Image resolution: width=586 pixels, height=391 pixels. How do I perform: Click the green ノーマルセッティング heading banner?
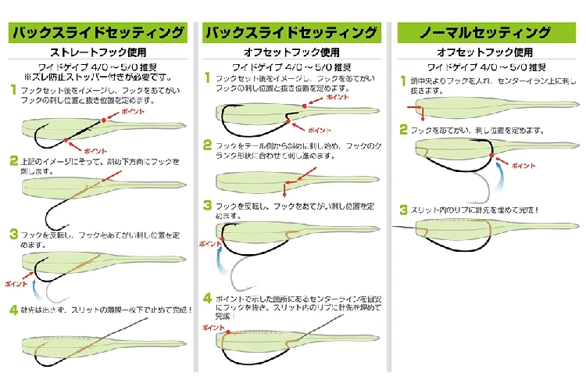(485, 33)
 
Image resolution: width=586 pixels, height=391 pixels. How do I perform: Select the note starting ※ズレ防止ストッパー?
(98, 77)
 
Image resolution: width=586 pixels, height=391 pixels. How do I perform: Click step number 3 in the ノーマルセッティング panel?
(403, 210)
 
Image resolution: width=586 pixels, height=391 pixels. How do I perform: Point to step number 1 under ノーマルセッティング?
(403, 81)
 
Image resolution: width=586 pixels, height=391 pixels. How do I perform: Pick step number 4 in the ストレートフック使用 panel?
(13, 309)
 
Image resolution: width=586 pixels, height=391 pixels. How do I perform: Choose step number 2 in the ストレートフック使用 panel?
(13, 160)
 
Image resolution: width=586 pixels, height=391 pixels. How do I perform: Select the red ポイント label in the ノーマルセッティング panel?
(523, 167)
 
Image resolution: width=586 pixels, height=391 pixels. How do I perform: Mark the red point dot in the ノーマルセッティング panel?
(493, 155)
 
